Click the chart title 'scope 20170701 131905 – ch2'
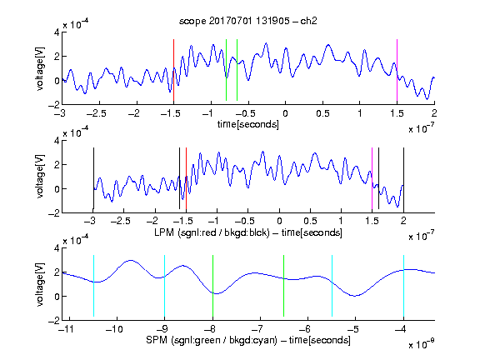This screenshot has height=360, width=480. [248, 21]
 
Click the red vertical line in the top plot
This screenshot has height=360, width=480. [173, 70]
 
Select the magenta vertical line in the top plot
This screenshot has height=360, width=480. [397, 70]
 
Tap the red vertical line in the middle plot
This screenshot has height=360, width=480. [186, 178]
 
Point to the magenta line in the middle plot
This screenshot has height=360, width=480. [372, 178]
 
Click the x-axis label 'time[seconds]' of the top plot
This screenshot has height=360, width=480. [248, 125]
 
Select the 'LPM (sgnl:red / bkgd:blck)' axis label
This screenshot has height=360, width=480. [212, 232]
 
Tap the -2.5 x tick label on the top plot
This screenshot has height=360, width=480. [97, 113]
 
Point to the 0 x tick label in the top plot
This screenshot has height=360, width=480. [285, 113]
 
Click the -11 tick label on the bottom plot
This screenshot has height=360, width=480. [65, 329]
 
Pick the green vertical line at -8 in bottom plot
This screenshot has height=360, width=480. [212, 286]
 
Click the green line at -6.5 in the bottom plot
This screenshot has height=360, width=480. [284, 286]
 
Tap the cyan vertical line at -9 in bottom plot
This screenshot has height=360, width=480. [164, 286]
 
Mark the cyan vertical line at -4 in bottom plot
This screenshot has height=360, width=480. [403, 286]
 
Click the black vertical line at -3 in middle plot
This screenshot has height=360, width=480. [93, 178]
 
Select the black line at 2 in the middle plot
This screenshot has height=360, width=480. [403, 178]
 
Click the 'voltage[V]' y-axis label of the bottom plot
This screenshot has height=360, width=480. [40, 284]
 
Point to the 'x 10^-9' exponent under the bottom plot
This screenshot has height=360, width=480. [421, 344]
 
